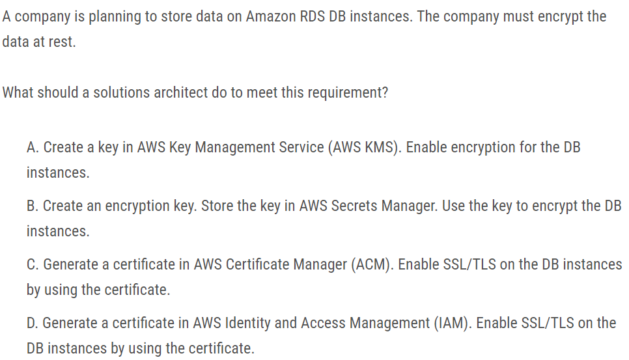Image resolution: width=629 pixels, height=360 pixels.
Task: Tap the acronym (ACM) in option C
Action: coord(372,264)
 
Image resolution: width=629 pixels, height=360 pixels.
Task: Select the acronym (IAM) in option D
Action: coord(450,323)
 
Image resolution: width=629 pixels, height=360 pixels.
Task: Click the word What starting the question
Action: coord(18,92)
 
